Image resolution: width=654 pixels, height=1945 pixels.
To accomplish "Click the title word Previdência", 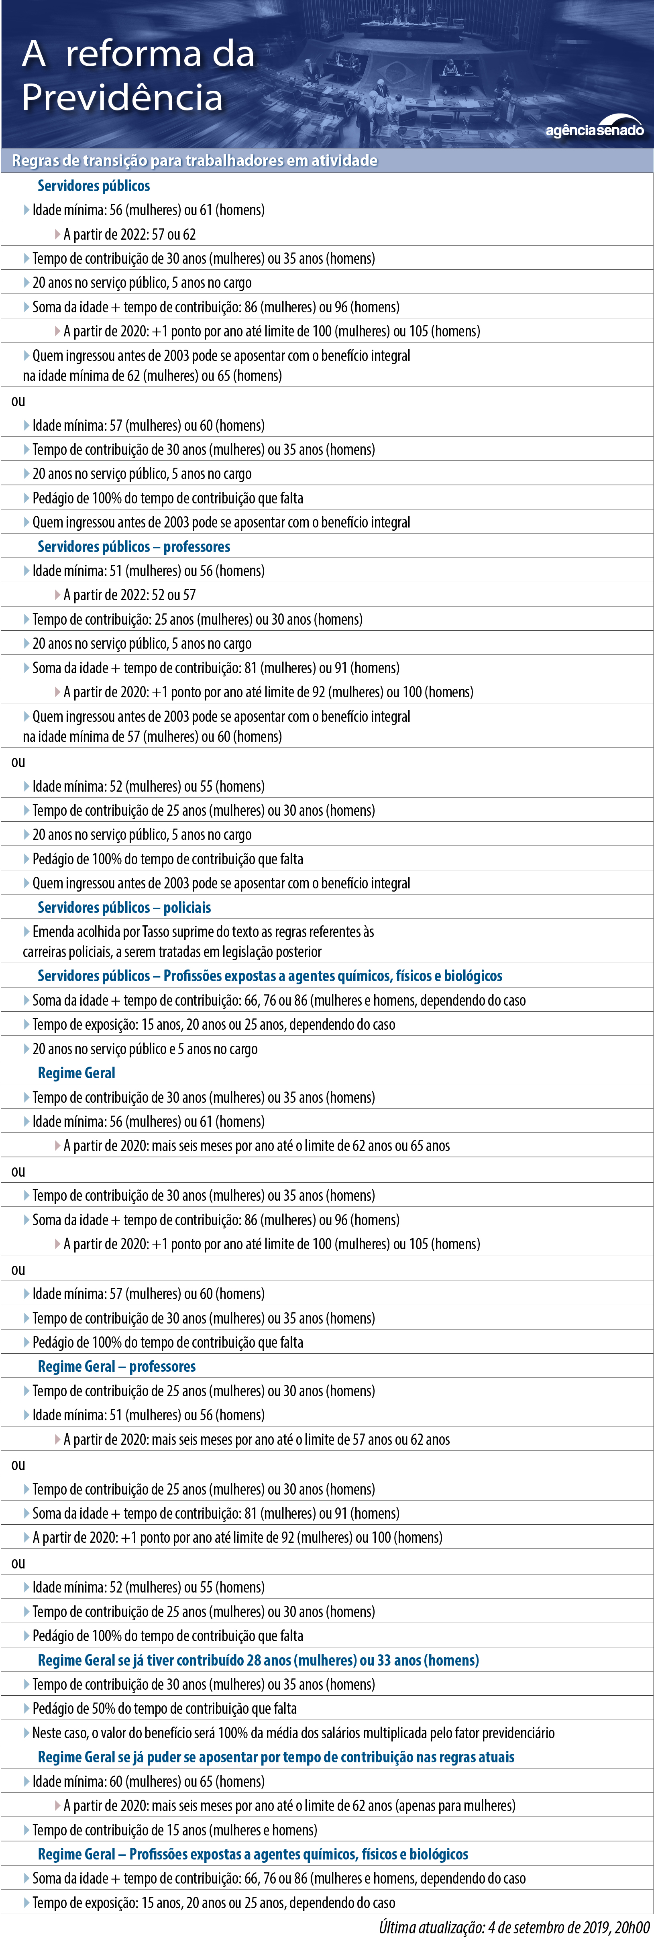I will (122, 98).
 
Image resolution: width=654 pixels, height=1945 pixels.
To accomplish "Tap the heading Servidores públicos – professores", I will (134, 547).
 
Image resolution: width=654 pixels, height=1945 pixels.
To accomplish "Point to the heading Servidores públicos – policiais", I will (124, 908).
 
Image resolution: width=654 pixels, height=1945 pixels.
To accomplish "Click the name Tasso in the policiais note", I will (155, 932).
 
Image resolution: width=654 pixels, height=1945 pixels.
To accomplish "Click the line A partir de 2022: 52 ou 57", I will (129, 595).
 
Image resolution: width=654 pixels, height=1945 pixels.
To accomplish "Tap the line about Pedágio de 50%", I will (164, 1709).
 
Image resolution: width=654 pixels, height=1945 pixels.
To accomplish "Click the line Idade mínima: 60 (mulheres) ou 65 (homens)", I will (148, 1782).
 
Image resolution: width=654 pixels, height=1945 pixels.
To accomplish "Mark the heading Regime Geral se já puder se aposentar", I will (276, 1757).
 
